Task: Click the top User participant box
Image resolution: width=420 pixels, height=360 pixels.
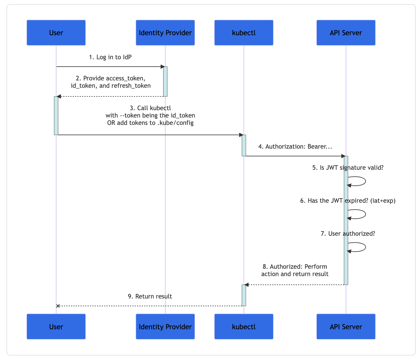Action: (x=56, y=33)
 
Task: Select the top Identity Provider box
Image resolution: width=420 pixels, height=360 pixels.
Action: (x=165, y=33)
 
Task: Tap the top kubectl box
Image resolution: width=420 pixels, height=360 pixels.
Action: (x=244, y=33)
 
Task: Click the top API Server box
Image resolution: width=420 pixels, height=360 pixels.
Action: (x=346, y=33)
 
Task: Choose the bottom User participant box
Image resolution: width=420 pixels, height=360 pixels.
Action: (x=56, y=327)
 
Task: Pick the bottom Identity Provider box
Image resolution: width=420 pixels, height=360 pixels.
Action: (x=165, y=327)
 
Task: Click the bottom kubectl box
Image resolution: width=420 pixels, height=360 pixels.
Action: (x=244, y=327)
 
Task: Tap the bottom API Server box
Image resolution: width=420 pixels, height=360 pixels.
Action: (x=346, y=327)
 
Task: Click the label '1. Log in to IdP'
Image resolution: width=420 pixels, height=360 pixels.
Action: (x=110, y=57)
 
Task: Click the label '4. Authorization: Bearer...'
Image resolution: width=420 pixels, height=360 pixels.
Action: (x=295, y=146)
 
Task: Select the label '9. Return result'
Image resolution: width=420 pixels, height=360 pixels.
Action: (x=150, y=296)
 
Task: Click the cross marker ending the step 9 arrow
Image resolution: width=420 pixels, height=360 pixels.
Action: (x=58, y=306)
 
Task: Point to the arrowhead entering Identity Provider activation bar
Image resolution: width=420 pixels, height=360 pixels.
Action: (x=162, y=67)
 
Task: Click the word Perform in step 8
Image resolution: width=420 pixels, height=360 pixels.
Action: (x=315, y=266)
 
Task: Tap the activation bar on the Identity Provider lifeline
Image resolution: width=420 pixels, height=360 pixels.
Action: (x=165, y=81)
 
